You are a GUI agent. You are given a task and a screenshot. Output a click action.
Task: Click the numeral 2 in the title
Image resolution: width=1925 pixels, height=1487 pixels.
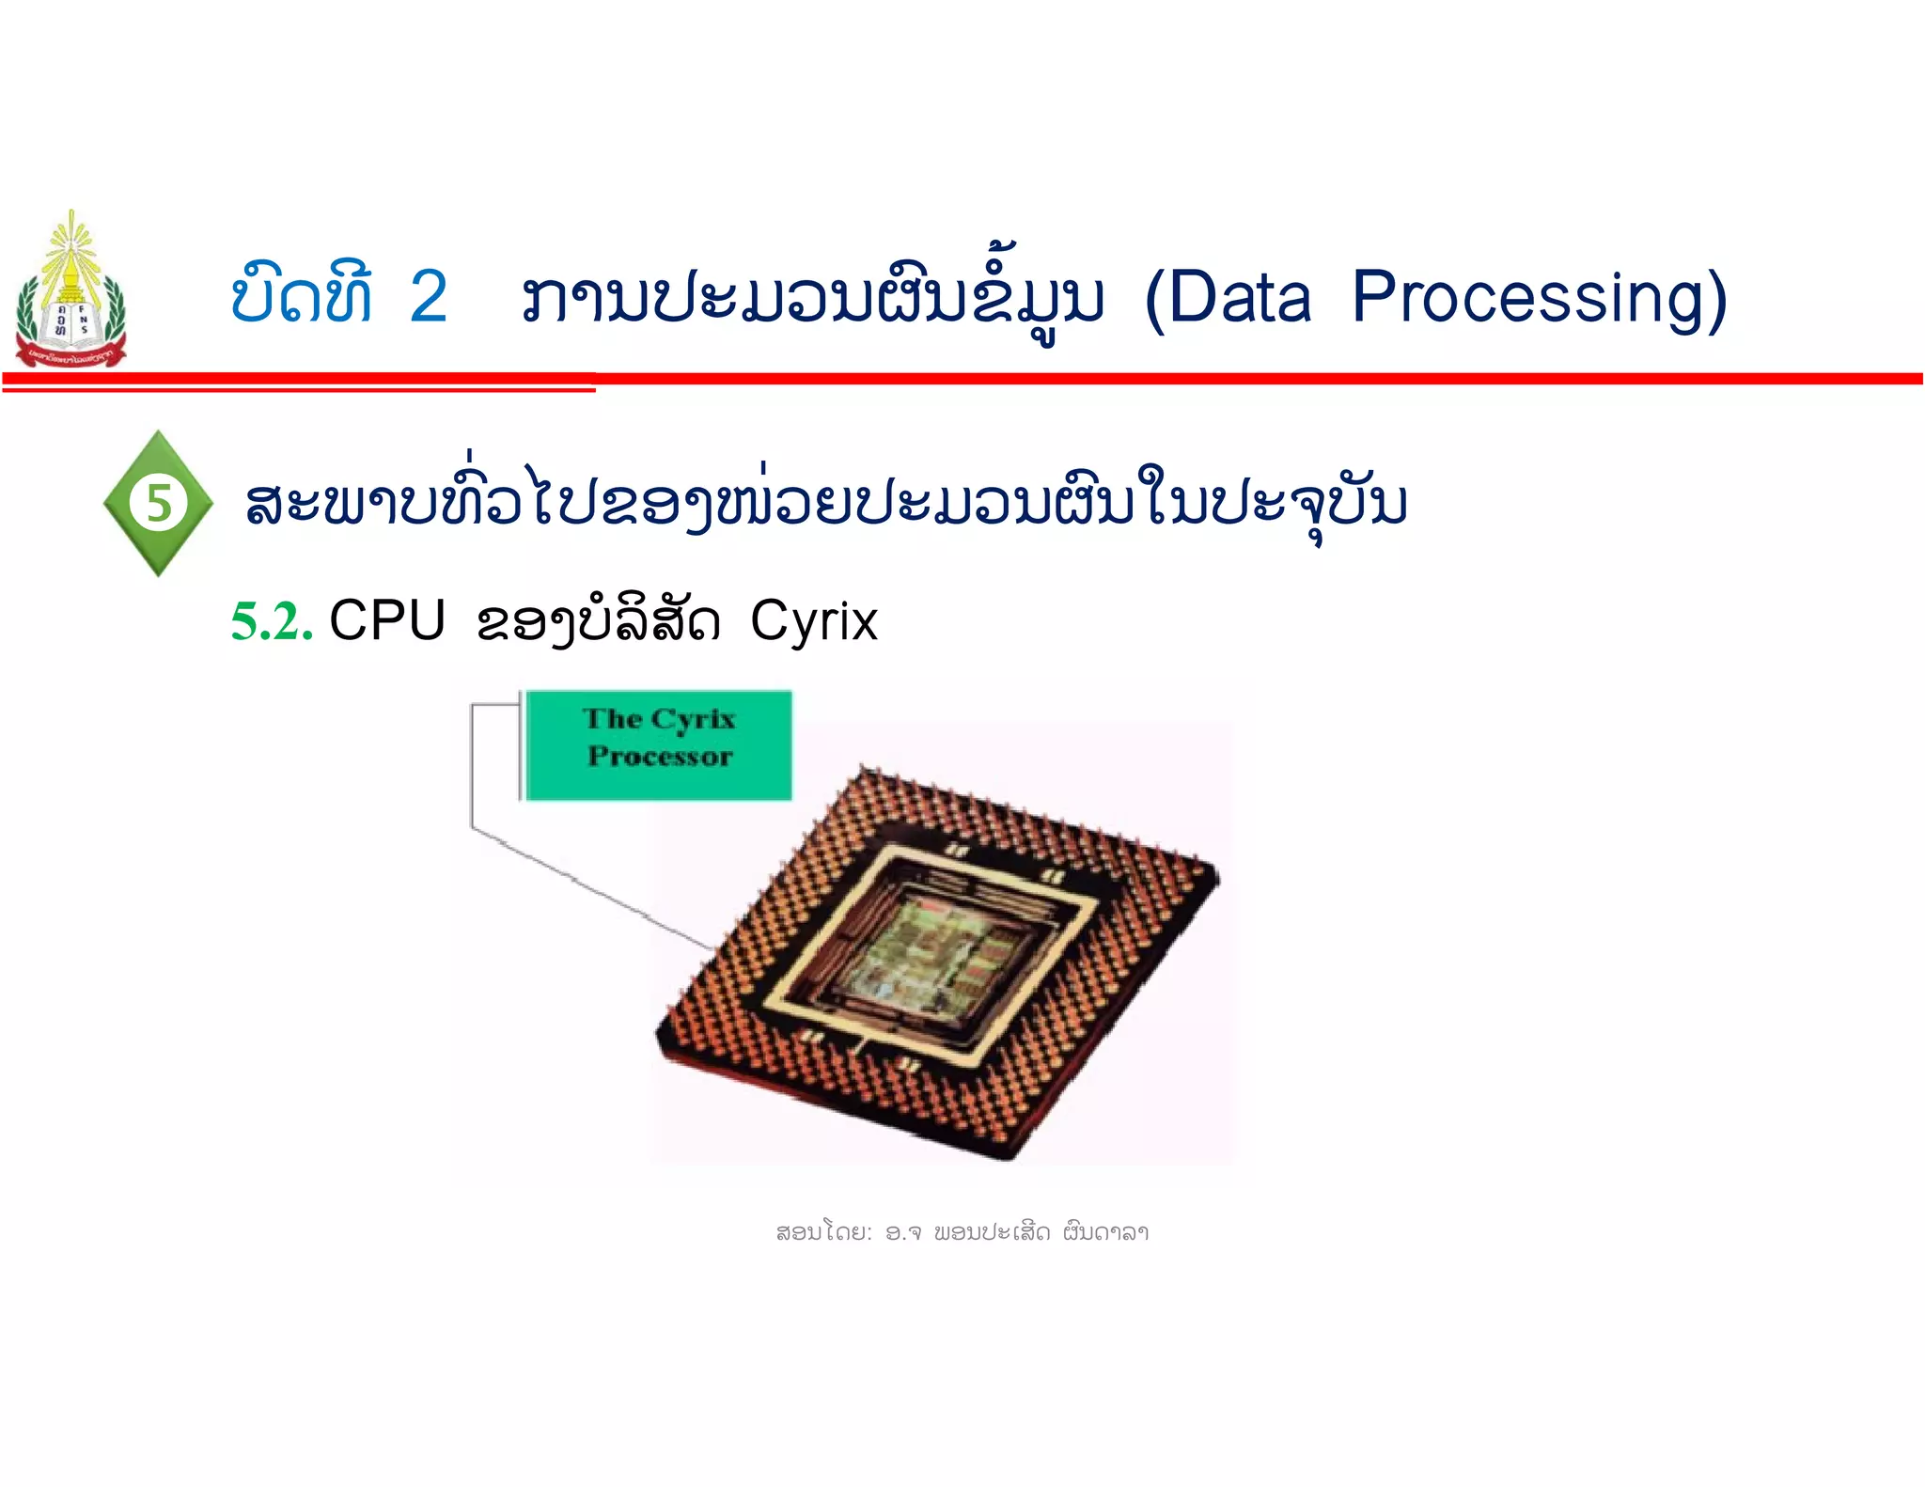click(x=429, y=297)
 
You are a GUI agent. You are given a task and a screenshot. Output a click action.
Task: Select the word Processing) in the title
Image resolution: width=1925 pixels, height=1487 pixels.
click(x=1539, y=299)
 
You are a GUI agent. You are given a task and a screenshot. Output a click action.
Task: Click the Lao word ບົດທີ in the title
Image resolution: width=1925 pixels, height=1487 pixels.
click(x=302, y=296)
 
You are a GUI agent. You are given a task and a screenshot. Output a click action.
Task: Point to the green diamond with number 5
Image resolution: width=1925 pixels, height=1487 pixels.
click(x=158, y=503)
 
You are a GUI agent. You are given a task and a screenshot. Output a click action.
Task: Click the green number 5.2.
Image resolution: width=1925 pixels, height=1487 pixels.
click(x=272, y=622)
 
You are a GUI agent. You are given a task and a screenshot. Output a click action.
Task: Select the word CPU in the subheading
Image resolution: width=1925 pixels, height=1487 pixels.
click(x=387, y=620)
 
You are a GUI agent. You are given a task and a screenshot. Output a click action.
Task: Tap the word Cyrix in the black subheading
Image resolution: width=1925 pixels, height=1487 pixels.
click(x=814, y=620)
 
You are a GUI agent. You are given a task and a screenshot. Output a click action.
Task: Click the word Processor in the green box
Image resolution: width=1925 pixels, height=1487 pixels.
click(x=659, y=757)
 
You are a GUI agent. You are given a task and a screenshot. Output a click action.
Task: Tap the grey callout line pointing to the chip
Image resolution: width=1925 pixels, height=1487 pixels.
click(x=583, y=884)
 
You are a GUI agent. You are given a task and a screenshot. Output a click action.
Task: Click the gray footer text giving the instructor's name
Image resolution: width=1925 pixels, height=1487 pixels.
click(x=962, y=1231)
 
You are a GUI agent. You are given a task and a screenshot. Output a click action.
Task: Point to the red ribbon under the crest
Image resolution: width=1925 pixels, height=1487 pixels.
click(x=70, y=355)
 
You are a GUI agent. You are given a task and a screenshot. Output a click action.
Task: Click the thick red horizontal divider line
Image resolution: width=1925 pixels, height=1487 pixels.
click(x=1222, y=379)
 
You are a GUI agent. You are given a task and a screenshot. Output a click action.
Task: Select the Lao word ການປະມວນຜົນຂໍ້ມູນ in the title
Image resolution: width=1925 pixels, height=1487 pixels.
click(x=813, y=299)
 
